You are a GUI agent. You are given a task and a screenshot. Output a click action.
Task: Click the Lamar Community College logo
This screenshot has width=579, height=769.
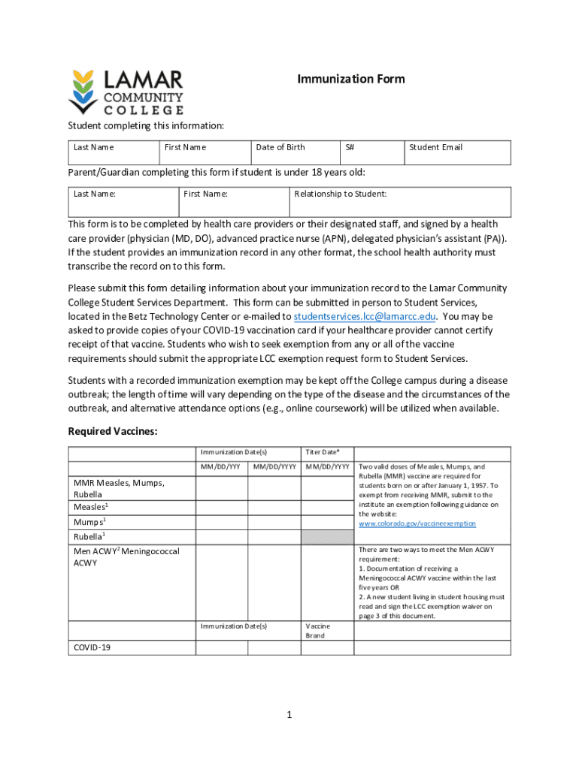tap(126, 91)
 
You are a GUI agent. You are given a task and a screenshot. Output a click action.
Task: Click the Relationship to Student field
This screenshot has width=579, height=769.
tap(399, 202)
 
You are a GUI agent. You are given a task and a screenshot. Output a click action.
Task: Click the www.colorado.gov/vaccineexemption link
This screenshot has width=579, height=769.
tap(417, 523)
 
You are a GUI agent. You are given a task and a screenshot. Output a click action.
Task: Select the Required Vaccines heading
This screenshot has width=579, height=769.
tap(112, 431)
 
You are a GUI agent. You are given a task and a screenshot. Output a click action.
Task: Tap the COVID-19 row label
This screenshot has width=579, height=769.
tap(92, 647)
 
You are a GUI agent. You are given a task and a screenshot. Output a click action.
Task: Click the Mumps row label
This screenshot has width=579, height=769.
tap(89, 521)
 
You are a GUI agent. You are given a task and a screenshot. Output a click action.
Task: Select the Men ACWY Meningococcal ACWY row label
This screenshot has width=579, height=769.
tap(126, 556)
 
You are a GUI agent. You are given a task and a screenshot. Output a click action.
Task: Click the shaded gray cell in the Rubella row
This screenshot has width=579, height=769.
tap(327, 537)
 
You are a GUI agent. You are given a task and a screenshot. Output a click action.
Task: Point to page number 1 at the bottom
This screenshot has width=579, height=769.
tap(289, 714)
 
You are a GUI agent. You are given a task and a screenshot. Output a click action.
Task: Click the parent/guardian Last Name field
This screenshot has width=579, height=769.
tap(123, 202)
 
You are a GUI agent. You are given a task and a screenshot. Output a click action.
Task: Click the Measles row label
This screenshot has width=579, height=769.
tap(89, 507)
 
